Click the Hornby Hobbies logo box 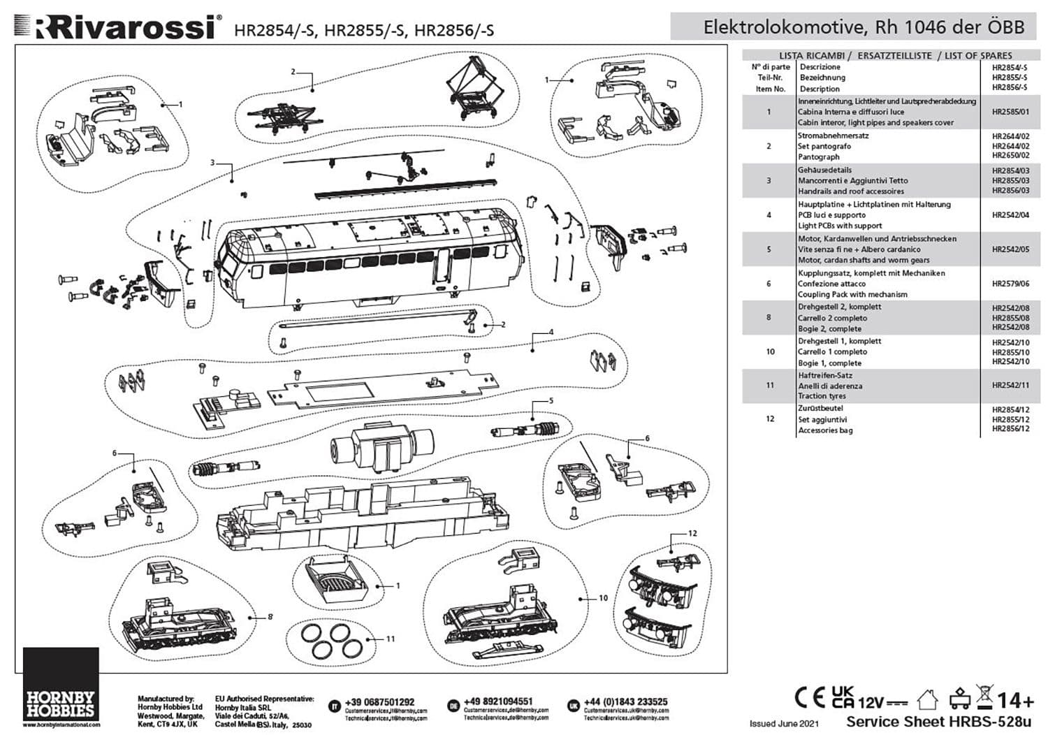61,688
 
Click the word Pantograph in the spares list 819,157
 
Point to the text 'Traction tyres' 822,396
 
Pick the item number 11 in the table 770,385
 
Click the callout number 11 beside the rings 391,639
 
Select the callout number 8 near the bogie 270,617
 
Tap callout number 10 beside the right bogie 603,598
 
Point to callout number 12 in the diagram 692,533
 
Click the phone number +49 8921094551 497,701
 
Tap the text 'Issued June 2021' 784,724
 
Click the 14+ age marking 1015,700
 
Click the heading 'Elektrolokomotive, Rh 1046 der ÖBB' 864,27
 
